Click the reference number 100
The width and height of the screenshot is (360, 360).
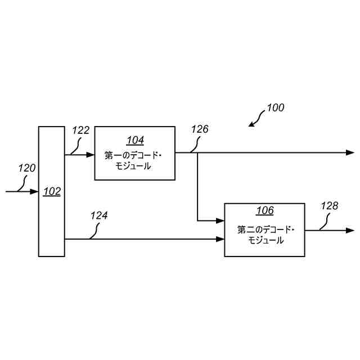pyautogui.click(x=275, y=107)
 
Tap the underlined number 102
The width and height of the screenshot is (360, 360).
pyautogui.click(x=52, y=191)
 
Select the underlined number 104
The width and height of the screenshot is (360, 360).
pyautogui.click(x=135, y=140)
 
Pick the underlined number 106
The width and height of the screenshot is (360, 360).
pyautogui.click(x=265, y=210)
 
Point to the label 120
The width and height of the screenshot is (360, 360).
pyautogui.click(x=27, y=168)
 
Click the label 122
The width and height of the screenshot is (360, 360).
pyautogui.click(x=81, y=130)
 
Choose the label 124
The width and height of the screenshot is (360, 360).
pyautogui.click(x=99, y=215)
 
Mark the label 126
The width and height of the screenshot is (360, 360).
pyautogui.click(x=200, y=129)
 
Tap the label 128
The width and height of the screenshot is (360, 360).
pyautogui.click(x=330, y=206)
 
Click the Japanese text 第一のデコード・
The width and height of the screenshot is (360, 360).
pyautogui.click(x=135, y=155)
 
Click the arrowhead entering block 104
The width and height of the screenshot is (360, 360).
pyautogui.click(x=90, y=154)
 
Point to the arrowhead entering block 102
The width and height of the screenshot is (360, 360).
pyautogui.click(x=34, y=192)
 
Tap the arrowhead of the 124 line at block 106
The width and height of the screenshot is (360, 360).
pyautogui.click(x=220, y=240)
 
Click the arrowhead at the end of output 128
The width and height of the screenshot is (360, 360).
pyautogui.click(x=350, y=231)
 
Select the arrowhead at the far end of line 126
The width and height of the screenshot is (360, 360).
pyautogui.click(x=350, y=152)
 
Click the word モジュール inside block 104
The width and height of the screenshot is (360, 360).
pyautogui.click(x=135, y=166)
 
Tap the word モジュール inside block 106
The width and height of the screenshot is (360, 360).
pyautogui.click(x=265, y=240)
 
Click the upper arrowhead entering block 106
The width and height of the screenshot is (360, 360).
pyautogui.click(x=220, y=220)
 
